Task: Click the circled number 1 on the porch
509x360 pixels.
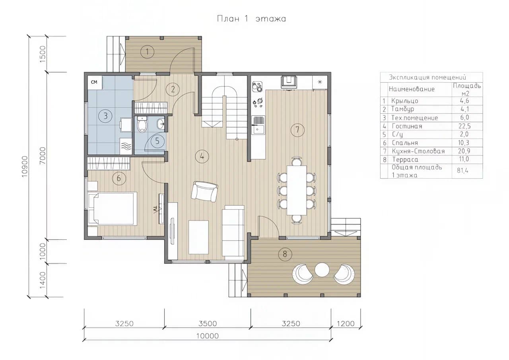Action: [147, 52]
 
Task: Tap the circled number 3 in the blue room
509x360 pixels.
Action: [105, 116]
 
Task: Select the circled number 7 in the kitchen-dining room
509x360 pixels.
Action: [297, 130]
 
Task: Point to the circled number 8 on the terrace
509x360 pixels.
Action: [285, 254]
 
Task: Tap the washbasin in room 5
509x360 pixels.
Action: [161, 124]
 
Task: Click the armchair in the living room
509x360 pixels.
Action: [204, 191]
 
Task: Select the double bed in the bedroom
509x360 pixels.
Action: [113, 208]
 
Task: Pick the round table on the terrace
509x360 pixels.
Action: [322, 270]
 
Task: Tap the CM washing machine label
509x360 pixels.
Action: [94, 82]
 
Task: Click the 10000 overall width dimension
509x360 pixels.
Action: [208, 336]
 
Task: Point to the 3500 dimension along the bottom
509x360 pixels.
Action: [208, 323]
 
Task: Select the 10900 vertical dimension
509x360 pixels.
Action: [24, 166]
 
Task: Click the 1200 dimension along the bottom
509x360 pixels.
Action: [346, 323]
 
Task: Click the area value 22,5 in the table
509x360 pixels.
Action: [464, 126]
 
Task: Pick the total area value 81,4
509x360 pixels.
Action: [463, 171]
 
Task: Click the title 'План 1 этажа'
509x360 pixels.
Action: [251, 18]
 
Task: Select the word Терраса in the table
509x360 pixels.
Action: [405, 160]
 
